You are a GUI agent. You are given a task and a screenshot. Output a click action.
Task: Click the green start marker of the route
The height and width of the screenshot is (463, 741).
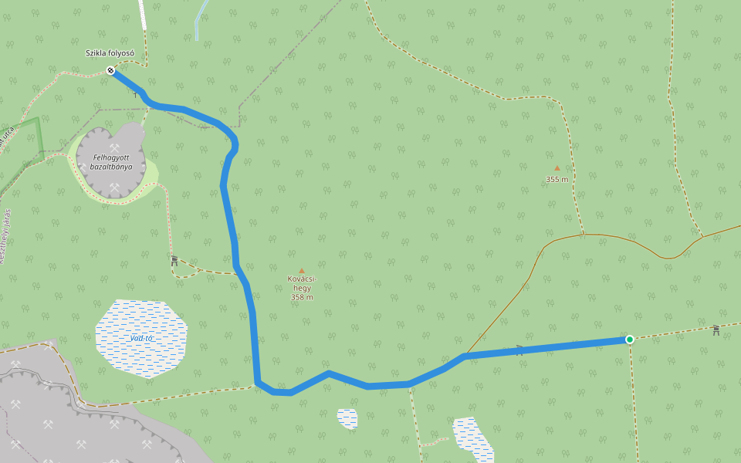click(x=630, y=340)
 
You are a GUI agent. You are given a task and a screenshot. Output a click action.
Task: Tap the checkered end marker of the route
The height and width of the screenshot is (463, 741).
click(x=110, y=71)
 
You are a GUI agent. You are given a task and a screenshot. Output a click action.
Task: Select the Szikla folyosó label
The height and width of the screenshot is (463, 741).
click(x=110, y=53)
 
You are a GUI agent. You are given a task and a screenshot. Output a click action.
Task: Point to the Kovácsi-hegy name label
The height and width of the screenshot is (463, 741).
click(x=302, y=282)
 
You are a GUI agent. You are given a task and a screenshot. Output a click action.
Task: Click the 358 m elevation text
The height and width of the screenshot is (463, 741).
click(x=302, y=297)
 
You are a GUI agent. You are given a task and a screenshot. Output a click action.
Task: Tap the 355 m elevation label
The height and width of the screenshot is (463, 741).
click(x=557, y=179)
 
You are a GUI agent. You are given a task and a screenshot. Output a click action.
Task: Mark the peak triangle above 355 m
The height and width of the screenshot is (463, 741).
click(x=557, y=167)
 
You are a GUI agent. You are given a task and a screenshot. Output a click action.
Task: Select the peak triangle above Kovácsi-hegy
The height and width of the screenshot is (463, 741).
click(x=301, y=270)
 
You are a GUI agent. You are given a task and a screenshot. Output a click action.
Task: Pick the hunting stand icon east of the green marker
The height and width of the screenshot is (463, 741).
click(x=716, y=330)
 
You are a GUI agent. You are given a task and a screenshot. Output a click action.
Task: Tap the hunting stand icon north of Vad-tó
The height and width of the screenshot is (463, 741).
click(x=174, y=261)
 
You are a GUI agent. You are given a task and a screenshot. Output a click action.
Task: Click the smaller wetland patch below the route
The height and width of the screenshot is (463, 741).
click(x=347, y=417)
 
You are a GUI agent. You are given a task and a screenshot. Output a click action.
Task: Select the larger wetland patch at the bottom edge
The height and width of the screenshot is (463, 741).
click(x=472, y=438)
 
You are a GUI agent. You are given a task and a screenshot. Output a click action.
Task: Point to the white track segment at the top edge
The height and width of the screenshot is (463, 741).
click(x=142, y=14)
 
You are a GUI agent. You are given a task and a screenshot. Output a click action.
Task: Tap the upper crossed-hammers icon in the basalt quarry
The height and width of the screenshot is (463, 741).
click(x=114, y=147)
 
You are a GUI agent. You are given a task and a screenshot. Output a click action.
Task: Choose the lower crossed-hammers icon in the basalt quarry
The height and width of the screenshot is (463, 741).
click(x=114, y=187)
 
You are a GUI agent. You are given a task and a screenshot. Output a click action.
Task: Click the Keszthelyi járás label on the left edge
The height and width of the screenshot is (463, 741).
click(x=5, y=236)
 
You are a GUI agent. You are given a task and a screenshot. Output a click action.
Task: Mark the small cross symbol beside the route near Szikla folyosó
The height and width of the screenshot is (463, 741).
click(x=136, y=94)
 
